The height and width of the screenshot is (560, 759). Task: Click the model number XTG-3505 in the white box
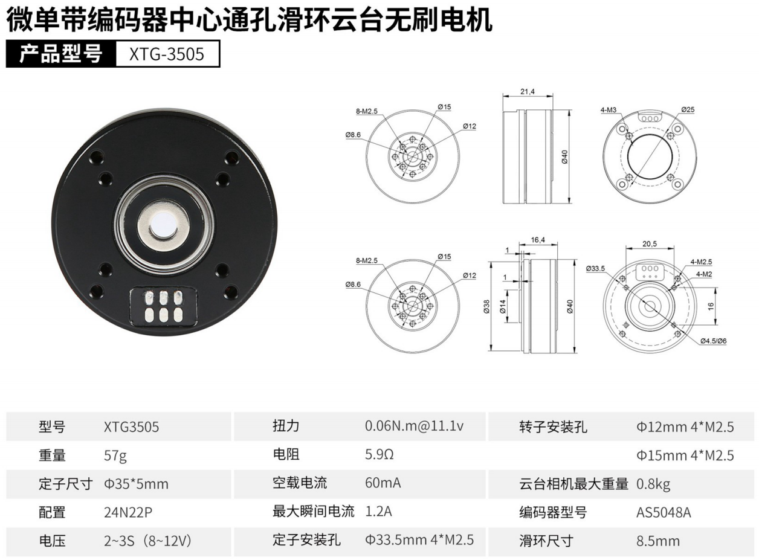coord(167,54)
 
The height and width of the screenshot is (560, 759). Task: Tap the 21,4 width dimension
coord(528,92)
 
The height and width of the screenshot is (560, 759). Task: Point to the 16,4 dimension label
coord(538,240)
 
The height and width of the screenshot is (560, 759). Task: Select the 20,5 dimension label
coord(650,244)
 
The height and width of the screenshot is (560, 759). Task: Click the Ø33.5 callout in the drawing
coord(595,269)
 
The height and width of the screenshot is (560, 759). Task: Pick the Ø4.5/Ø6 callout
coord(713,341)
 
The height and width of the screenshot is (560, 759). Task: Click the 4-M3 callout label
coord(609,110)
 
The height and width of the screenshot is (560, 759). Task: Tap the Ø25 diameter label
coord(688,109)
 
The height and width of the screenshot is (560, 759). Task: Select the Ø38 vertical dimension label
coord(487,306)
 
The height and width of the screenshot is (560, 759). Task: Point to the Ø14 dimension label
coord(502,306)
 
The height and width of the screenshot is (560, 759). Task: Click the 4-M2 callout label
coord(704,274)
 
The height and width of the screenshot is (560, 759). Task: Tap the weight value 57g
coord(115,455)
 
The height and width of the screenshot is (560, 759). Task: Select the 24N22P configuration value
coord(128,512)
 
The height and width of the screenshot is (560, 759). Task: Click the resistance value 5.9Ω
coord(379,454)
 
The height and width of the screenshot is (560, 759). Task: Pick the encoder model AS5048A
coord(664,512)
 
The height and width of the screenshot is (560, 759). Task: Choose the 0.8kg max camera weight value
coord(653,484)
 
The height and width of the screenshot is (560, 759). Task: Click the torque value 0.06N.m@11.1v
coord(414,426)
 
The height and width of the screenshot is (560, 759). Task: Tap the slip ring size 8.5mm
coord(658,541)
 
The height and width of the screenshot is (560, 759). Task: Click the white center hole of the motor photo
coord(164,226)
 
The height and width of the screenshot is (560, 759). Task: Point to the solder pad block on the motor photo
coord(164,306)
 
